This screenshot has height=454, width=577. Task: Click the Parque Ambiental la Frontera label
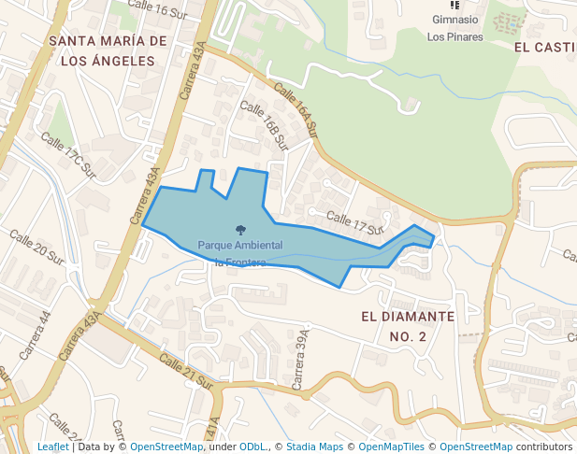[x=240, y=252]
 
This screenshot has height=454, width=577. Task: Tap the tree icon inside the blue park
[x=240, y=230]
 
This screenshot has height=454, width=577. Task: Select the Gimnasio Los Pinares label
[x=455, y=27]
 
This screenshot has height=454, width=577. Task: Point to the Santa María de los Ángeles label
[x=108, y=50]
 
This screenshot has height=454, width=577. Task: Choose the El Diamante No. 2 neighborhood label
[x=408, y=326]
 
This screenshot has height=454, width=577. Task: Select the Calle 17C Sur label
[x=68, y=155]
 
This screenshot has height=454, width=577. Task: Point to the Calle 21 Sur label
[x=187, y=372]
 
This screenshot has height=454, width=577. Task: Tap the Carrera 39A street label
[x=300, y=360]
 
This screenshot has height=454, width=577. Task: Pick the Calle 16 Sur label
[x=154, y=10]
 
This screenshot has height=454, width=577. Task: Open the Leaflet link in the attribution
[x=52, y=447]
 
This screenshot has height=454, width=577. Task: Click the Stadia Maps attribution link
[x=314, y=447]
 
